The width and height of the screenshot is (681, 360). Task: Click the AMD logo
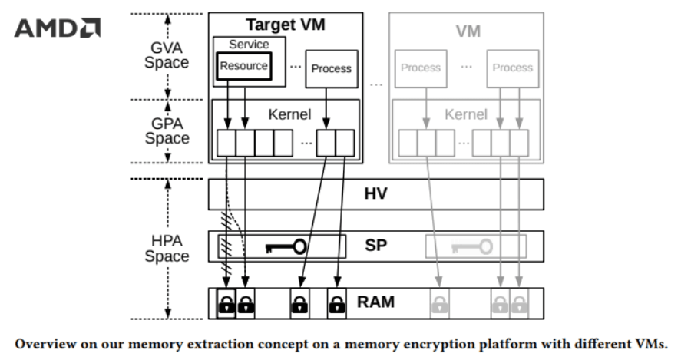(58, 28)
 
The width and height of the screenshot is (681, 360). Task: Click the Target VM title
(285, 25)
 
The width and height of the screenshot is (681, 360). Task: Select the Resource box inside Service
(243, 66)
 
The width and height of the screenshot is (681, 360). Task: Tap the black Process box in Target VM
(331, 68)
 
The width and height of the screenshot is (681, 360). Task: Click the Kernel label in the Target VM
(289, 114)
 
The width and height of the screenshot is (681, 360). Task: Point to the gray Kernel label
(466, 114)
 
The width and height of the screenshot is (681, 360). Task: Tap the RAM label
(376, 302)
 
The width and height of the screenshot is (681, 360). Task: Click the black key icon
(286, 246)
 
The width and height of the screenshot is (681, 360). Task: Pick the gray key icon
(469, 246)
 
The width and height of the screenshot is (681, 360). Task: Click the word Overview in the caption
(47, 342)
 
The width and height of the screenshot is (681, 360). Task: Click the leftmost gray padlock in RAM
(439, 305)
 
